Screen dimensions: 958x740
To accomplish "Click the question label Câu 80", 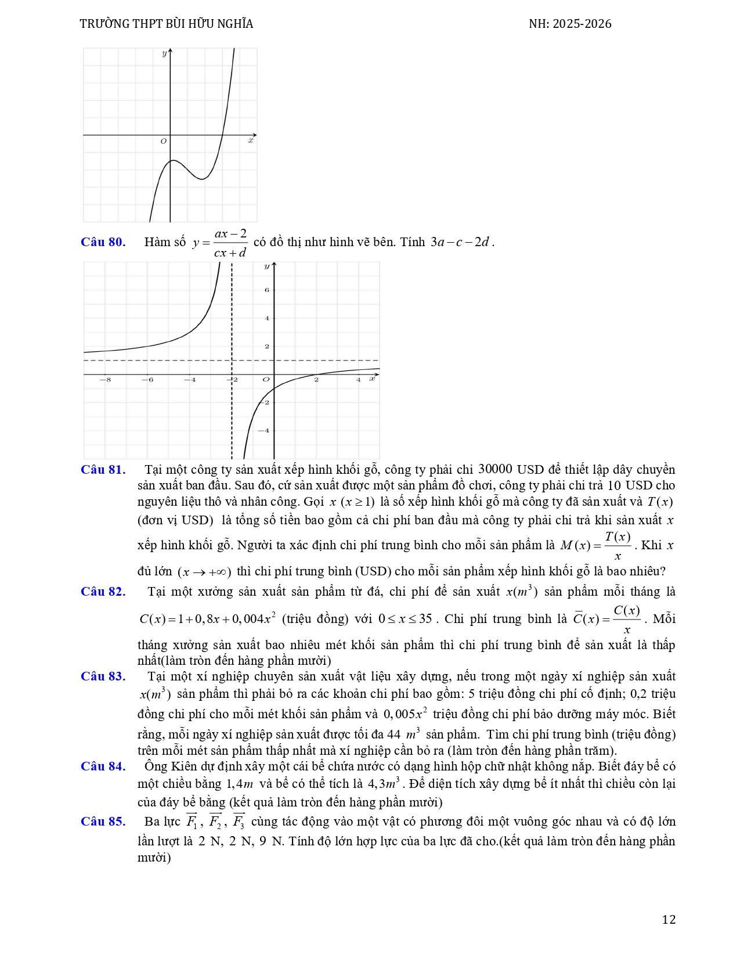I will pyautogui.click(x=103, y=242).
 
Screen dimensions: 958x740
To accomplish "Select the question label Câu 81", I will pyautogui.click(x=103, y=470).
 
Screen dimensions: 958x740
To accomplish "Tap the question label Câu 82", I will pyautogui.click(x=103, y=592).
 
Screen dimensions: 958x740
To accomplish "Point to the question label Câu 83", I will pyautogui.click(x=103, y=676).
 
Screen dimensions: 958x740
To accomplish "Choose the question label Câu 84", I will pyautogui.click(x=103, y=766).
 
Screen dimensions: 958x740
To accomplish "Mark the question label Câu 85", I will pyautogui.click(x=103, y=822).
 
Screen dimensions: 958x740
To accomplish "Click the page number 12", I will pyautogui.click(x=669, y=920).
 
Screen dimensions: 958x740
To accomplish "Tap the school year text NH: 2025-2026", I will pyautogui.click(x=570, y=24).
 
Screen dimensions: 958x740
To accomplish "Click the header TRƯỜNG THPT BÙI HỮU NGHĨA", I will pyautogui.click(x=167, y=24).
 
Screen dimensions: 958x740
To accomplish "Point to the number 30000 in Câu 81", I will pyautogui.click(x=495, y=469).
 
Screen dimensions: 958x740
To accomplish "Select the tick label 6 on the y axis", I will pyautogui.click(x=267, y=290).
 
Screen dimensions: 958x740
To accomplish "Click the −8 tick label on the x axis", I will pyautogui.click(x=105, y=380).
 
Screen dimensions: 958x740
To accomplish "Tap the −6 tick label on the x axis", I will pyautogui.click(x=148, y=380).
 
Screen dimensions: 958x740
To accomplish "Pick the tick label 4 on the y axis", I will pyautogui.click(x=267, y=318).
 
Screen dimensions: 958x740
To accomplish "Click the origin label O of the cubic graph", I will pyautogui.click(x=163, y=141).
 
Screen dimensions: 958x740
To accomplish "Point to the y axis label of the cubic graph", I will pyautogui.click(x=164, y=53).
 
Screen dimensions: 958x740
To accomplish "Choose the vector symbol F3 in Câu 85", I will pyautogui.click(x=239, y=822).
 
